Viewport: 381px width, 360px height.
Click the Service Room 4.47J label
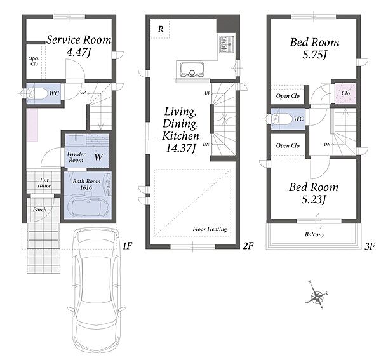(x=79, y=46)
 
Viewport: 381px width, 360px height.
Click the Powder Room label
(x=76, y=157)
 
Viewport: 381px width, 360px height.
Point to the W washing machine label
(x=98, y=157)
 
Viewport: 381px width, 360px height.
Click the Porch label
(x=39, y=210)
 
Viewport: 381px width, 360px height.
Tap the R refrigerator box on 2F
(x=160, y=29)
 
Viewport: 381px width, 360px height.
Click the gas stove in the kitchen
(x=227, y=44)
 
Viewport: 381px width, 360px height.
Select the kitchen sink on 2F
(x=192, y=69)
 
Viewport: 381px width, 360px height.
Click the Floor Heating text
(x=210, y=229)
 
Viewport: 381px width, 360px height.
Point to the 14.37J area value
(x=180, y=148)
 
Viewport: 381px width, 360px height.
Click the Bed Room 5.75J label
(x=315, y=48)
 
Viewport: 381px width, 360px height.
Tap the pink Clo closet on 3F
(x=345, y=93)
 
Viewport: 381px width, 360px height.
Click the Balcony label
(x=315, y=234)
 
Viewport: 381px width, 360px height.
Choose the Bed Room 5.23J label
(x=314, y=194)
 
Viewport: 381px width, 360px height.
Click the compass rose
(x=317, y=296)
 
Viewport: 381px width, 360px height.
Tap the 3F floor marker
(x=370, y=246)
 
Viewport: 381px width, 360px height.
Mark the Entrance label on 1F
(x=44, y=183)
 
